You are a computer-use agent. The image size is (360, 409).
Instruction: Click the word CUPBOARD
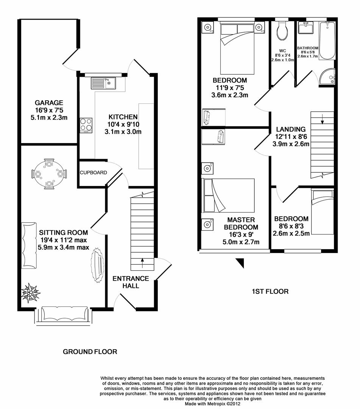93,173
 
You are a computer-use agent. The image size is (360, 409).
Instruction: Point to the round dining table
49,174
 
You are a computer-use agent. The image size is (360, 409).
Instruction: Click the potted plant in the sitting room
30,292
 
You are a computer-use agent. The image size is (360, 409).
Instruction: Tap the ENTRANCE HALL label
131,282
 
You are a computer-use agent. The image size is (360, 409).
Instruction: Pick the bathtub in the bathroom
327,40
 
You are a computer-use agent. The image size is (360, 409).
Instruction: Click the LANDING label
291,129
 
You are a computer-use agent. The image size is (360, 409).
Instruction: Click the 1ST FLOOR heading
270,292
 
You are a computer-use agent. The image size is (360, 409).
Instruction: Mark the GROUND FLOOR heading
90,352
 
